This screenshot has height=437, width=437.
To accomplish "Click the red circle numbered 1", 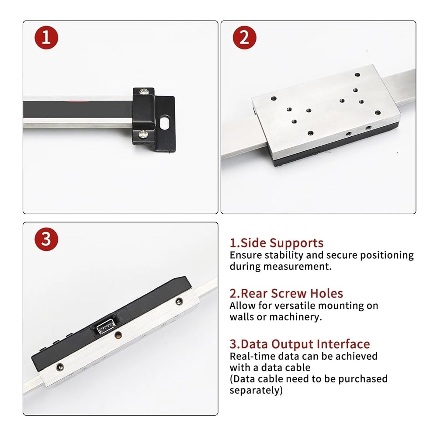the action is pyautogui.click(x=46, y=38).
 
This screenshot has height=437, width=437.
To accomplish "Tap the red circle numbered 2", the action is pyautogui.click(x=244, y=38).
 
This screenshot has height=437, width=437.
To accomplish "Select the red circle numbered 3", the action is pyautogui.click(x=46, y=239).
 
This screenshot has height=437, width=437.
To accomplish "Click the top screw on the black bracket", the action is pyautogui.click(x=144, y=91).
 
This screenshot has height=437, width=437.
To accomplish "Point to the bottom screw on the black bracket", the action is pyautogui.click(x=142, y=134).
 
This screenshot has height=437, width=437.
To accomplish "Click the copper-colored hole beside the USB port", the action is pyautogui.click(x=119, y=334).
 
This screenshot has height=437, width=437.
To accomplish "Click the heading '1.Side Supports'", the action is pyautogui.click(x=277, y=243).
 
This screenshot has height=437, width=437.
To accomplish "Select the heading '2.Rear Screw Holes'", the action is pyautogui.click(x=286, y=294).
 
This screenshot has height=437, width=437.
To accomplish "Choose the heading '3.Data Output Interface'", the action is pyautogui.click(x=300, y=344).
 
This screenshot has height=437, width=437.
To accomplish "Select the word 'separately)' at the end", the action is pyautogui.click(x=256, y=390).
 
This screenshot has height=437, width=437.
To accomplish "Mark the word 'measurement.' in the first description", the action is pyautogui.click(x=297, y=267).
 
